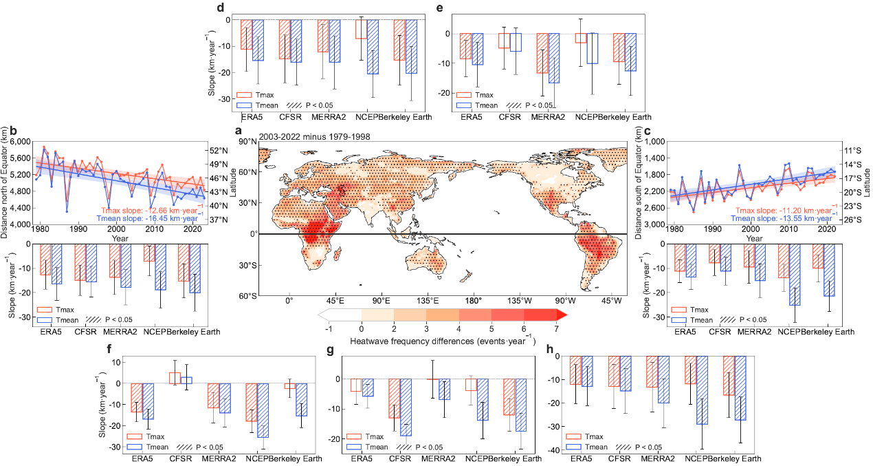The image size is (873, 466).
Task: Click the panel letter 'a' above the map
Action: pyautogui.click(x=239, y=131)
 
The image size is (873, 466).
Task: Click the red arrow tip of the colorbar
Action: pyautogui.click(x=562, y=315)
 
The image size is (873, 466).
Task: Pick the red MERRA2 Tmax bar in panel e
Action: pyautogui.click(x=542, y=53)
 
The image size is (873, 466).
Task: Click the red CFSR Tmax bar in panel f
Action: pyautogui.click(x=175, y=378)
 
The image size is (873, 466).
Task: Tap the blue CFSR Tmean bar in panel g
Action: pyautogui.click(x=406, y=407)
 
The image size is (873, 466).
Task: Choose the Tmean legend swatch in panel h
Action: pyautogui.click(x=576, y=447)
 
